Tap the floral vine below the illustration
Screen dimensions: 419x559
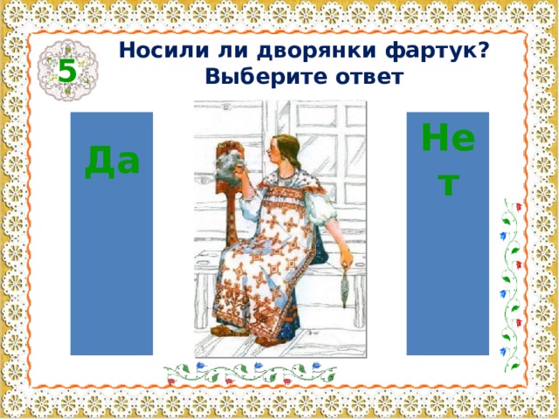(x=253, y=373)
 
